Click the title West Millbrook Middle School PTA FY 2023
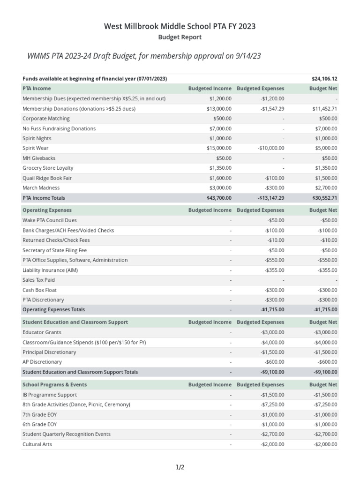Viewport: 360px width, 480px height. click(180, 26)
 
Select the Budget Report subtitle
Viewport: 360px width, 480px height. click(180, 37)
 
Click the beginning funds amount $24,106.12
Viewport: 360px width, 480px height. click(324, 79)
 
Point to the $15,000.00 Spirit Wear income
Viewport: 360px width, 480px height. click(220, 148)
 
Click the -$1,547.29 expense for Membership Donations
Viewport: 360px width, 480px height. click(272, 109)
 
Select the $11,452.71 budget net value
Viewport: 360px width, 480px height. click(325, 109)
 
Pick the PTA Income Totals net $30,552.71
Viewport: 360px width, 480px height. click(324, 198)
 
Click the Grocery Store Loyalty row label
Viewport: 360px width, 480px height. click(48, 168)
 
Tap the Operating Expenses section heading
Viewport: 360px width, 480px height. click(47, 210)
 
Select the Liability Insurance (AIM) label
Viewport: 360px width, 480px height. click(50, 270)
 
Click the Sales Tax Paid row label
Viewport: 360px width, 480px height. click(38, 280)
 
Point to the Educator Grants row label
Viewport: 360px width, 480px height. click(42, 332)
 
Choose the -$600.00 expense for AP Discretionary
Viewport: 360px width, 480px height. click(274, 362)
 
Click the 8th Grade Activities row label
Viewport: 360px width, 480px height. click(76, 405)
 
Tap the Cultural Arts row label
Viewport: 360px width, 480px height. click(37, 444)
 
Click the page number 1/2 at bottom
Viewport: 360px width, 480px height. click(180, 467)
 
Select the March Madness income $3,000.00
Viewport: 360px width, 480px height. click(220, 187)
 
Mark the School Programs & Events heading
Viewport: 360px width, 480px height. click(54, 385)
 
